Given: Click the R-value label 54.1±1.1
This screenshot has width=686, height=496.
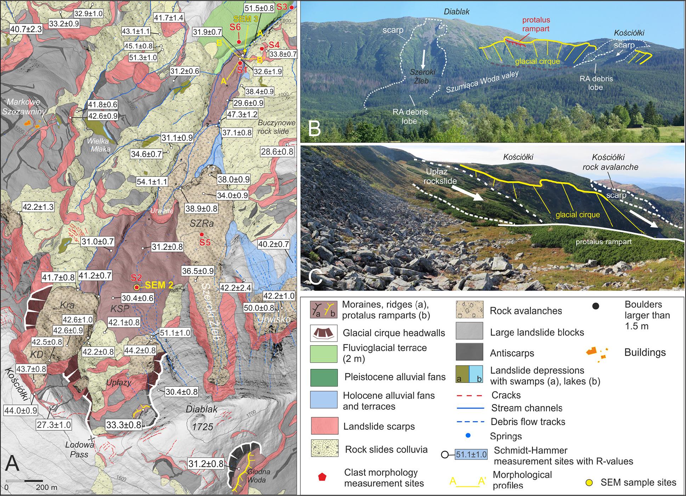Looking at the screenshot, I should [x=152, y=182].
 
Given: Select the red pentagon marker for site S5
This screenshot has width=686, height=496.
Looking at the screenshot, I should [x=202, y=234].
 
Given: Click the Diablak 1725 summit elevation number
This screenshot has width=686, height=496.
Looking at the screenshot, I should [x=202, y=427].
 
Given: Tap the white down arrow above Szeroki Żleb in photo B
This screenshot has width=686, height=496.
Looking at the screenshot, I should [x=424, y=58].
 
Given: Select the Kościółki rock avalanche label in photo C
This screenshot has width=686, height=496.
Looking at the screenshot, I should [x=610, y=162].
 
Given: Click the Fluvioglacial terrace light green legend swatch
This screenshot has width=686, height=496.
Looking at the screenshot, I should [x=324, y=353].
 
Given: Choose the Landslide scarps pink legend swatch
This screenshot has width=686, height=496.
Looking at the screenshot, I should [x=324, y=427].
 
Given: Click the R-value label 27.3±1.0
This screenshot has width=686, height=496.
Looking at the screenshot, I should [x=54, y=424].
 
